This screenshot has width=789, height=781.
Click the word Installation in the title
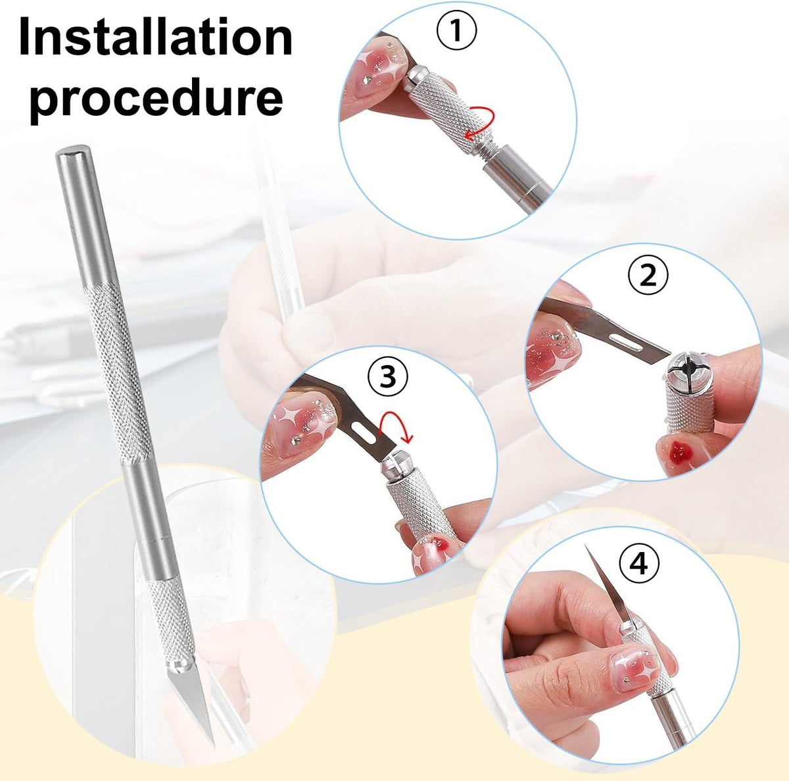[x=156, y=37]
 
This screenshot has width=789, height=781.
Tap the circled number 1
[x=456, y=30]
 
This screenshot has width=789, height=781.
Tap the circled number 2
[x=648, y=276]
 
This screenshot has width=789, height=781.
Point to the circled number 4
[x=639, y=564]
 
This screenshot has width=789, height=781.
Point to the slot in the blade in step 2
[x=627, y=343]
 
